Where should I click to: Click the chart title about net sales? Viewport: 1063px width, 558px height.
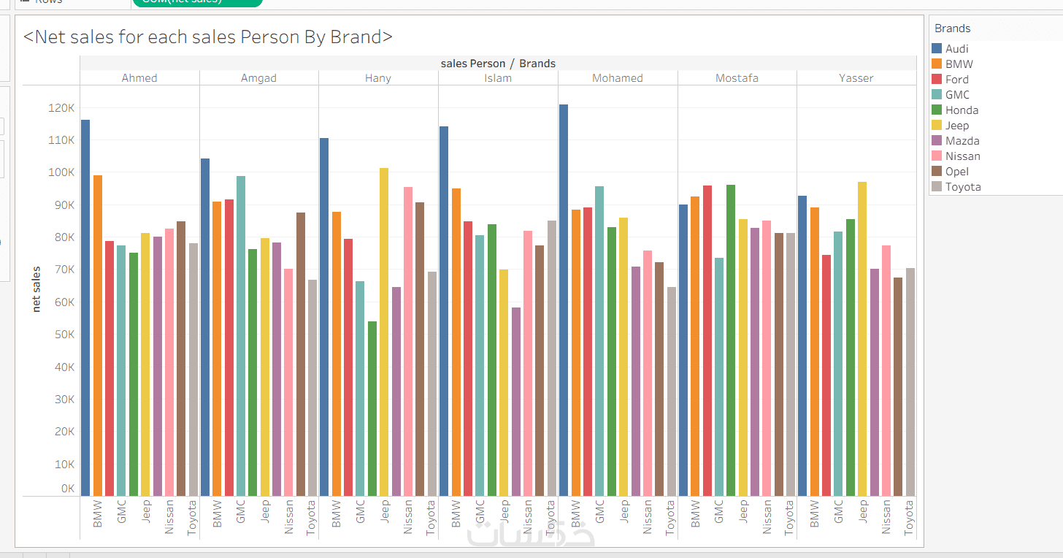208,37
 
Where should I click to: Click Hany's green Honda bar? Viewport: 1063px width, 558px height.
372,409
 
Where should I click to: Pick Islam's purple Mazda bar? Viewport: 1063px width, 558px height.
516,402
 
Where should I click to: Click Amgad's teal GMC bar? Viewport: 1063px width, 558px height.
241,336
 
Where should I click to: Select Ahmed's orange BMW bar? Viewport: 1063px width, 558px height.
98,336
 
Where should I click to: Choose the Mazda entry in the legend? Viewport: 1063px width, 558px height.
962,141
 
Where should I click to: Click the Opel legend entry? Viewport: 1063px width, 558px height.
957,172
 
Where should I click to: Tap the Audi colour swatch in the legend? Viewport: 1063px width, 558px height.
937,49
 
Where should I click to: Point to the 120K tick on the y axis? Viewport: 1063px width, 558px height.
61,108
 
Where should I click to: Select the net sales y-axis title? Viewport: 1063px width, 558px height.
37,289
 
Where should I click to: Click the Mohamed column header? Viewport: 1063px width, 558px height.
618,78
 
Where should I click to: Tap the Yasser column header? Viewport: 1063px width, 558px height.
856,78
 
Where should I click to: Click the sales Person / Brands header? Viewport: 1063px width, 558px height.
498,64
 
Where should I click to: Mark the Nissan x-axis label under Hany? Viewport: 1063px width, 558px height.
408,516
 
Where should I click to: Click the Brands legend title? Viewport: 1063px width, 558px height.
953,28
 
